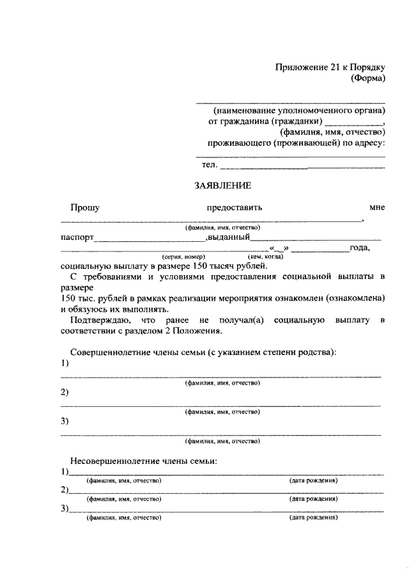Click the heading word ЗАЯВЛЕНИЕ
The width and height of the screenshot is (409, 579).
(x=223, y=186)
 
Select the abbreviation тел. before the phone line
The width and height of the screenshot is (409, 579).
(x=210, y=165)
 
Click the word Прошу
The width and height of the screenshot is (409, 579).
(x=85, y=207)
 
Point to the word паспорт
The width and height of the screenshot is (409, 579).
(x=77, y=237)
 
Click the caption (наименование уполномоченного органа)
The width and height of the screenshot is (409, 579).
(x=300, y=109)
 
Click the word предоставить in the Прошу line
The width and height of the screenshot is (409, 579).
(x=234, y=207)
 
